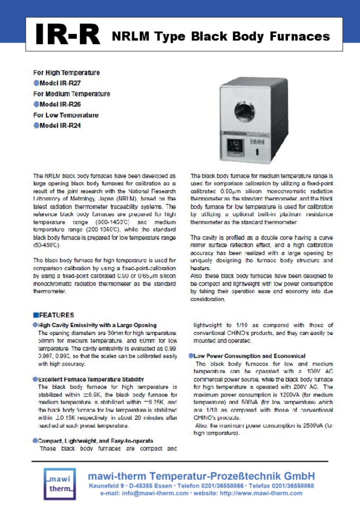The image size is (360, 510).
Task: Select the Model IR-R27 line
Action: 60,83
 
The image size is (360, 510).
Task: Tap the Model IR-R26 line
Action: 60,104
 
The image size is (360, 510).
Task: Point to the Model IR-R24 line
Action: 60,125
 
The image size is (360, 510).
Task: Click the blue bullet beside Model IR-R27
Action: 36,83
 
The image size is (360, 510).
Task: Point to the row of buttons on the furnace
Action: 257,141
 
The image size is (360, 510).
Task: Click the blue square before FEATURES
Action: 35,315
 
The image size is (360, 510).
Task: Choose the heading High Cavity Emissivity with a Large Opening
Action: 97,325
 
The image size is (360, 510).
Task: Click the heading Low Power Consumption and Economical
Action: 249,356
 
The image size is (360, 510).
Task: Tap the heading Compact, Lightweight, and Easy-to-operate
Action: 95,441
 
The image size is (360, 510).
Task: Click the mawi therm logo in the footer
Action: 59,484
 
